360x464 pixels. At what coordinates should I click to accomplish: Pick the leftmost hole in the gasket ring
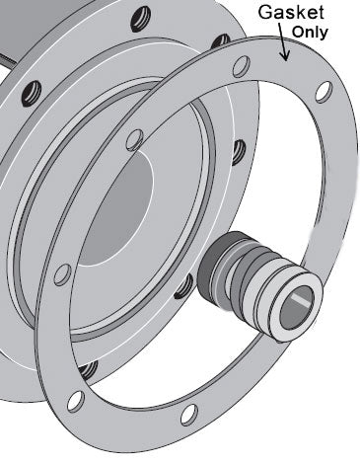pos(60,273)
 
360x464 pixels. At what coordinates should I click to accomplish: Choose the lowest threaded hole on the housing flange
pos(91,370)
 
